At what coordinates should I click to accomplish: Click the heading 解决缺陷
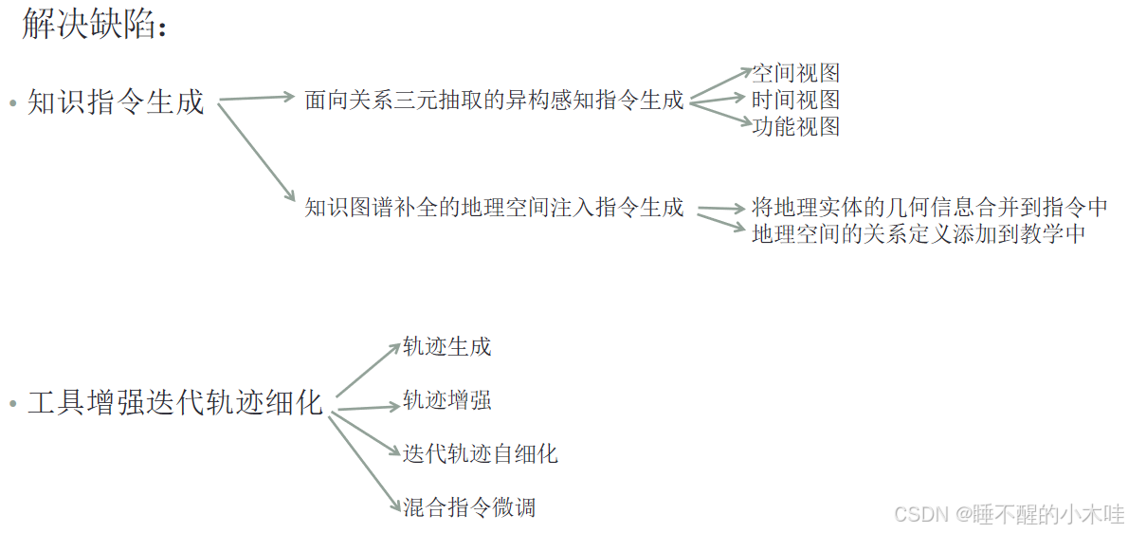point(94,26)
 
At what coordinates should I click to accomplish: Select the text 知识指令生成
point(116,101)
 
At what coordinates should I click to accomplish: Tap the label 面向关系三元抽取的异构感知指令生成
point(494,100)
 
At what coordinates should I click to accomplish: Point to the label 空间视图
point(795,73)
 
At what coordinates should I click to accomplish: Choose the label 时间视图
point(795,100)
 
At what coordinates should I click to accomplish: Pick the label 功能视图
point(795,126)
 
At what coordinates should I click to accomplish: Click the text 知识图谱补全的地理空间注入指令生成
point(494,208)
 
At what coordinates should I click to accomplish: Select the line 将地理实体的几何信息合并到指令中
point(929,207)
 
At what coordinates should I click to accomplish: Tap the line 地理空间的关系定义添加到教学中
point(918,233)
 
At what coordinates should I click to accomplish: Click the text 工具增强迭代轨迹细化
point(175,402)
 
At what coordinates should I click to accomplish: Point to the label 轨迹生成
point(446,346)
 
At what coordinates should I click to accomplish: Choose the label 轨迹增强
point(446,400)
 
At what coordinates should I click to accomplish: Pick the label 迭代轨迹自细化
point(480,453)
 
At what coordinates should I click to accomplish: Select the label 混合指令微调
point(468,506)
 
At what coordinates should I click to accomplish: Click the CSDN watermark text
point(1009,513)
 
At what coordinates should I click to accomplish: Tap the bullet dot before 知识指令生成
point(12,102)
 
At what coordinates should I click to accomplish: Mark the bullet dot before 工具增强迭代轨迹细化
point(12,404)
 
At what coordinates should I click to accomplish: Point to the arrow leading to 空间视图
point(720,83)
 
